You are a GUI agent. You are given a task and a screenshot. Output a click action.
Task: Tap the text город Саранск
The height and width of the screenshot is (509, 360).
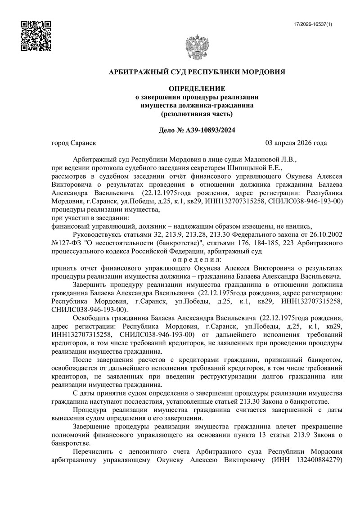pos(74,143)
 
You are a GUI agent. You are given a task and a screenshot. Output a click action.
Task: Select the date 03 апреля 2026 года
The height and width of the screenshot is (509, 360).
pos(297,143)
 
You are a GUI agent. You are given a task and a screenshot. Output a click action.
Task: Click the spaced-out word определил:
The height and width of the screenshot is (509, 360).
pos(197,260)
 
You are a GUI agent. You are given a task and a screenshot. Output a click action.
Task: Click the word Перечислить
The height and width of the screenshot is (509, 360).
pos(95,451)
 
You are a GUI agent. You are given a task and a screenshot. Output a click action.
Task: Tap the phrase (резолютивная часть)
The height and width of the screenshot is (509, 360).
pos(197,113)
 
